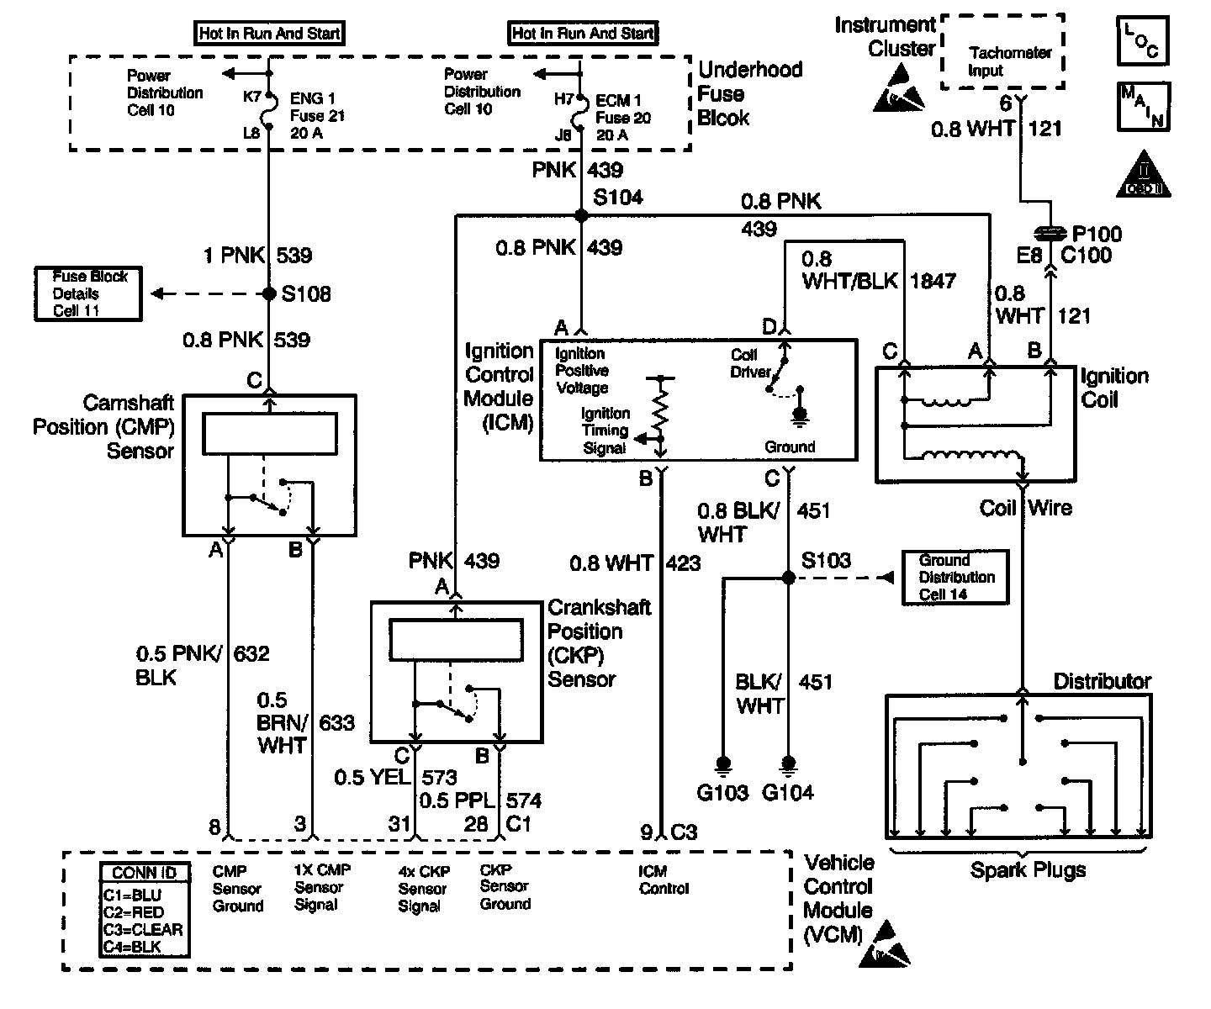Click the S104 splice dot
click(581, 215)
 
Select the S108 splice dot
click(269, 293)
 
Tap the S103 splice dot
click(788, 578)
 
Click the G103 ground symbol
click(722, 765)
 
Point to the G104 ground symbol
click(788, 765)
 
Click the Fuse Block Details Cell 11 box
click(88, 293)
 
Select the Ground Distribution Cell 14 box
click(955, 577)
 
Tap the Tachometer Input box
click(1002, 52)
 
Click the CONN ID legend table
click(144, 910)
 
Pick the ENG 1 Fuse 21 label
click(317, 116)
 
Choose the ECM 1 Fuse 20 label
click(623, 118)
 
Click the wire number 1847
click(933, 281)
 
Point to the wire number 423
click(683, 563)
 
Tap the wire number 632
click(251, 653)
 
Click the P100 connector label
click(1097, 234)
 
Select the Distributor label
click(1102, 681)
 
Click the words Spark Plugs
click(1028, 870)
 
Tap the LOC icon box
click(1143, 40)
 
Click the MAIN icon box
click(1143, 106)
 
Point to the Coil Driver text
click(750, 363)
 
